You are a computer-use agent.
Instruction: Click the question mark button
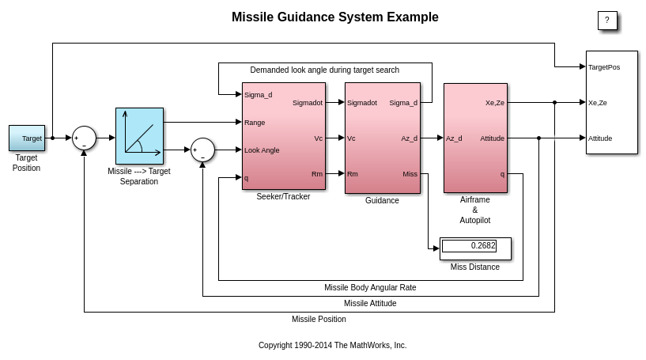607,21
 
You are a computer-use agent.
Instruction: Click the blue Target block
27,138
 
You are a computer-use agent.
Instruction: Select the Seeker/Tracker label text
283,197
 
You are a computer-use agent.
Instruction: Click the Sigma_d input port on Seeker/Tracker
258,95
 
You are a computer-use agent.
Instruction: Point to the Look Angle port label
262,150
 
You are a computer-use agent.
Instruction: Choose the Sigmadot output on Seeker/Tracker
308,103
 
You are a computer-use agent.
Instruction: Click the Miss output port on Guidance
410,174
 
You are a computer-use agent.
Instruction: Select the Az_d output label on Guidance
409,138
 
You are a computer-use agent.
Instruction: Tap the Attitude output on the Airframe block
492,138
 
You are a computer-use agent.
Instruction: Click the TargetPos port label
604,67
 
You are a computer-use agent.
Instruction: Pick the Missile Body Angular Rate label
370,288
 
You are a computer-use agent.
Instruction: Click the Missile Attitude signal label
370,304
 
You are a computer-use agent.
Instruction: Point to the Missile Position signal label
319,320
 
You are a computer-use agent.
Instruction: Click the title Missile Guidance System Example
334,17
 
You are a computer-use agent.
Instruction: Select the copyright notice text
332,346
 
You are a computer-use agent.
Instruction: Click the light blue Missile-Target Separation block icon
139,136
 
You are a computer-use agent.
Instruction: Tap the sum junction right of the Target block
84,138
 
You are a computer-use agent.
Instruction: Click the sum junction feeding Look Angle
202,150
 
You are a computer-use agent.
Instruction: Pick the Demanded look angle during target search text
324,70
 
